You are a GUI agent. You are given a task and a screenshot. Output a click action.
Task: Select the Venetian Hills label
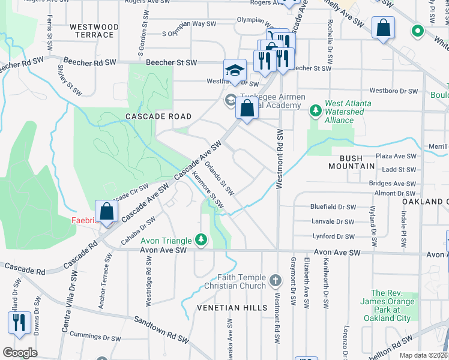[232, 307]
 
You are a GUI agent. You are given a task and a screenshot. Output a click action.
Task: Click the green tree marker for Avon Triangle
[201, 241]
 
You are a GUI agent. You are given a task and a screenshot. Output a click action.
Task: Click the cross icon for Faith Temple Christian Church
[275, 280]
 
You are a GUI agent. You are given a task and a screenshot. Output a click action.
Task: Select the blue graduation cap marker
[235, 70]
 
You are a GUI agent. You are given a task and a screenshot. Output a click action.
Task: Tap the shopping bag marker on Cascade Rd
[106, 211]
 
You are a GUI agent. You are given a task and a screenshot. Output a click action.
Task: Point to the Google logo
[20, 353]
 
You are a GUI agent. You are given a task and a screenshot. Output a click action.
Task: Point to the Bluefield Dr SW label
[333, 206]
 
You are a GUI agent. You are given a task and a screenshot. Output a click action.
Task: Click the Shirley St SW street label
[75, 81]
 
